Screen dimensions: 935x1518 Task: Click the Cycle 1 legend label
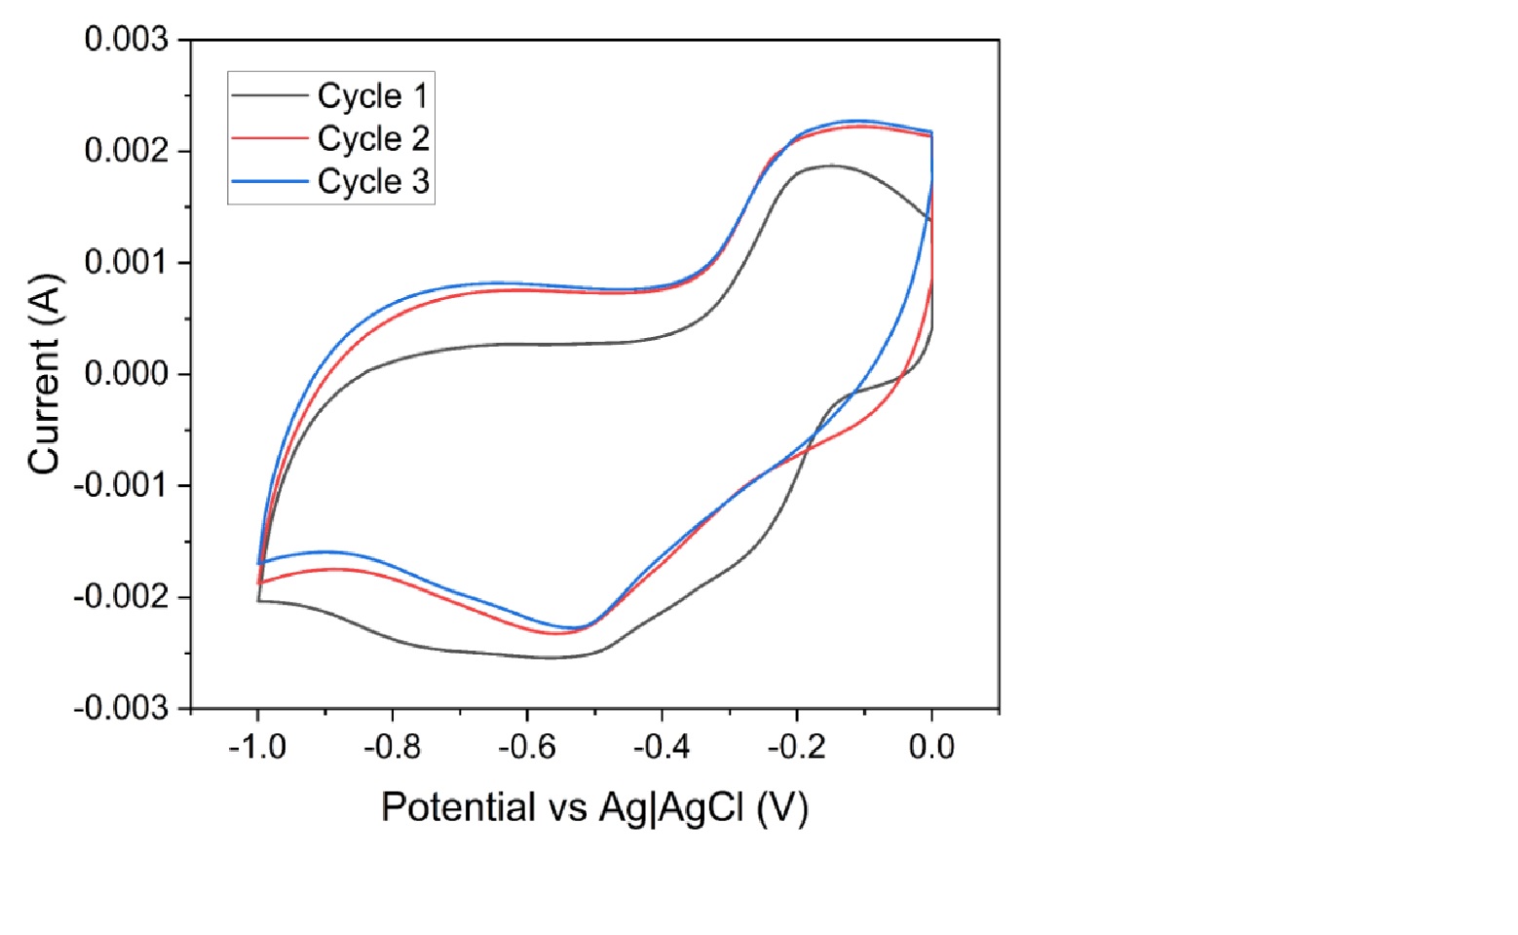(372, 95)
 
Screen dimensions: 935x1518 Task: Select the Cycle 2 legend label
(372, 138)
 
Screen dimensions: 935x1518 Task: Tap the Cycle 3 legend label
(372, 181)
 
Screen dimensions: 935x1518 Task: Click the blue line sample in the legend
(269, 181)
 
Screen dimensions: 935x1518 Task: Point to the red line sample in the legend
(269, 138)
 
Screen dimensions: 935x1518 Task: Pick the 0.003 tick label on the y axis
(127, 40)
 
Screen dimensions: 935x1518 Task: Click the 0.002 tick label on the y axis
(127, 151)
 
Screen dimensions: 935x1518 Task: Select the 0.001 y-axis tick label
(127, 262)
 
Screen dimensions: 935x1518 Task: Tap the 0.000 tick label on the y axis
(127, 374)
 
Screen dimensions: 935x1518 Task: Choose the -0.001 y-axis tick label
(121, 485)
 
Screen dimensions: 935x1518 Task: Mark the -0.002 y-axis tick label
(121, 596)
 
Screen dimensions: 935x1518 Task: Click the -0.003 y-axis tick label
(121, 707)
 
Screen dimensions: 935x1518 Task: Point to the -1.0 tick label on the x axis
(257, 747)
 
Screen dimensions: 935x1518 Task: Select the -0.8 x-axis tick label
(392, 747)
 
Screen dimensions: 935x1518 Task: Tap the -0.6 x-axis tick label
(526, 747)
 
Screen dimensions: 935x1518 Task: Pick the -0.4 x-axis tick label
(662, 747)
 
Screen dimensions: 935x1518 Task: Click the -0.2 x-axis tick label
(796, 747)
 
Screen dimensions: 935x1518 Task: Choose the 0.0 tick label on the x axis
(931, 747)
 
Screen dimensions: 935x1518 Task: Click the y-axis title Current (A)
(46, 374)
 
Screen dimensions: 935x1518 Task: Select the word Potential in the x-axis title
(458, 807)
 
